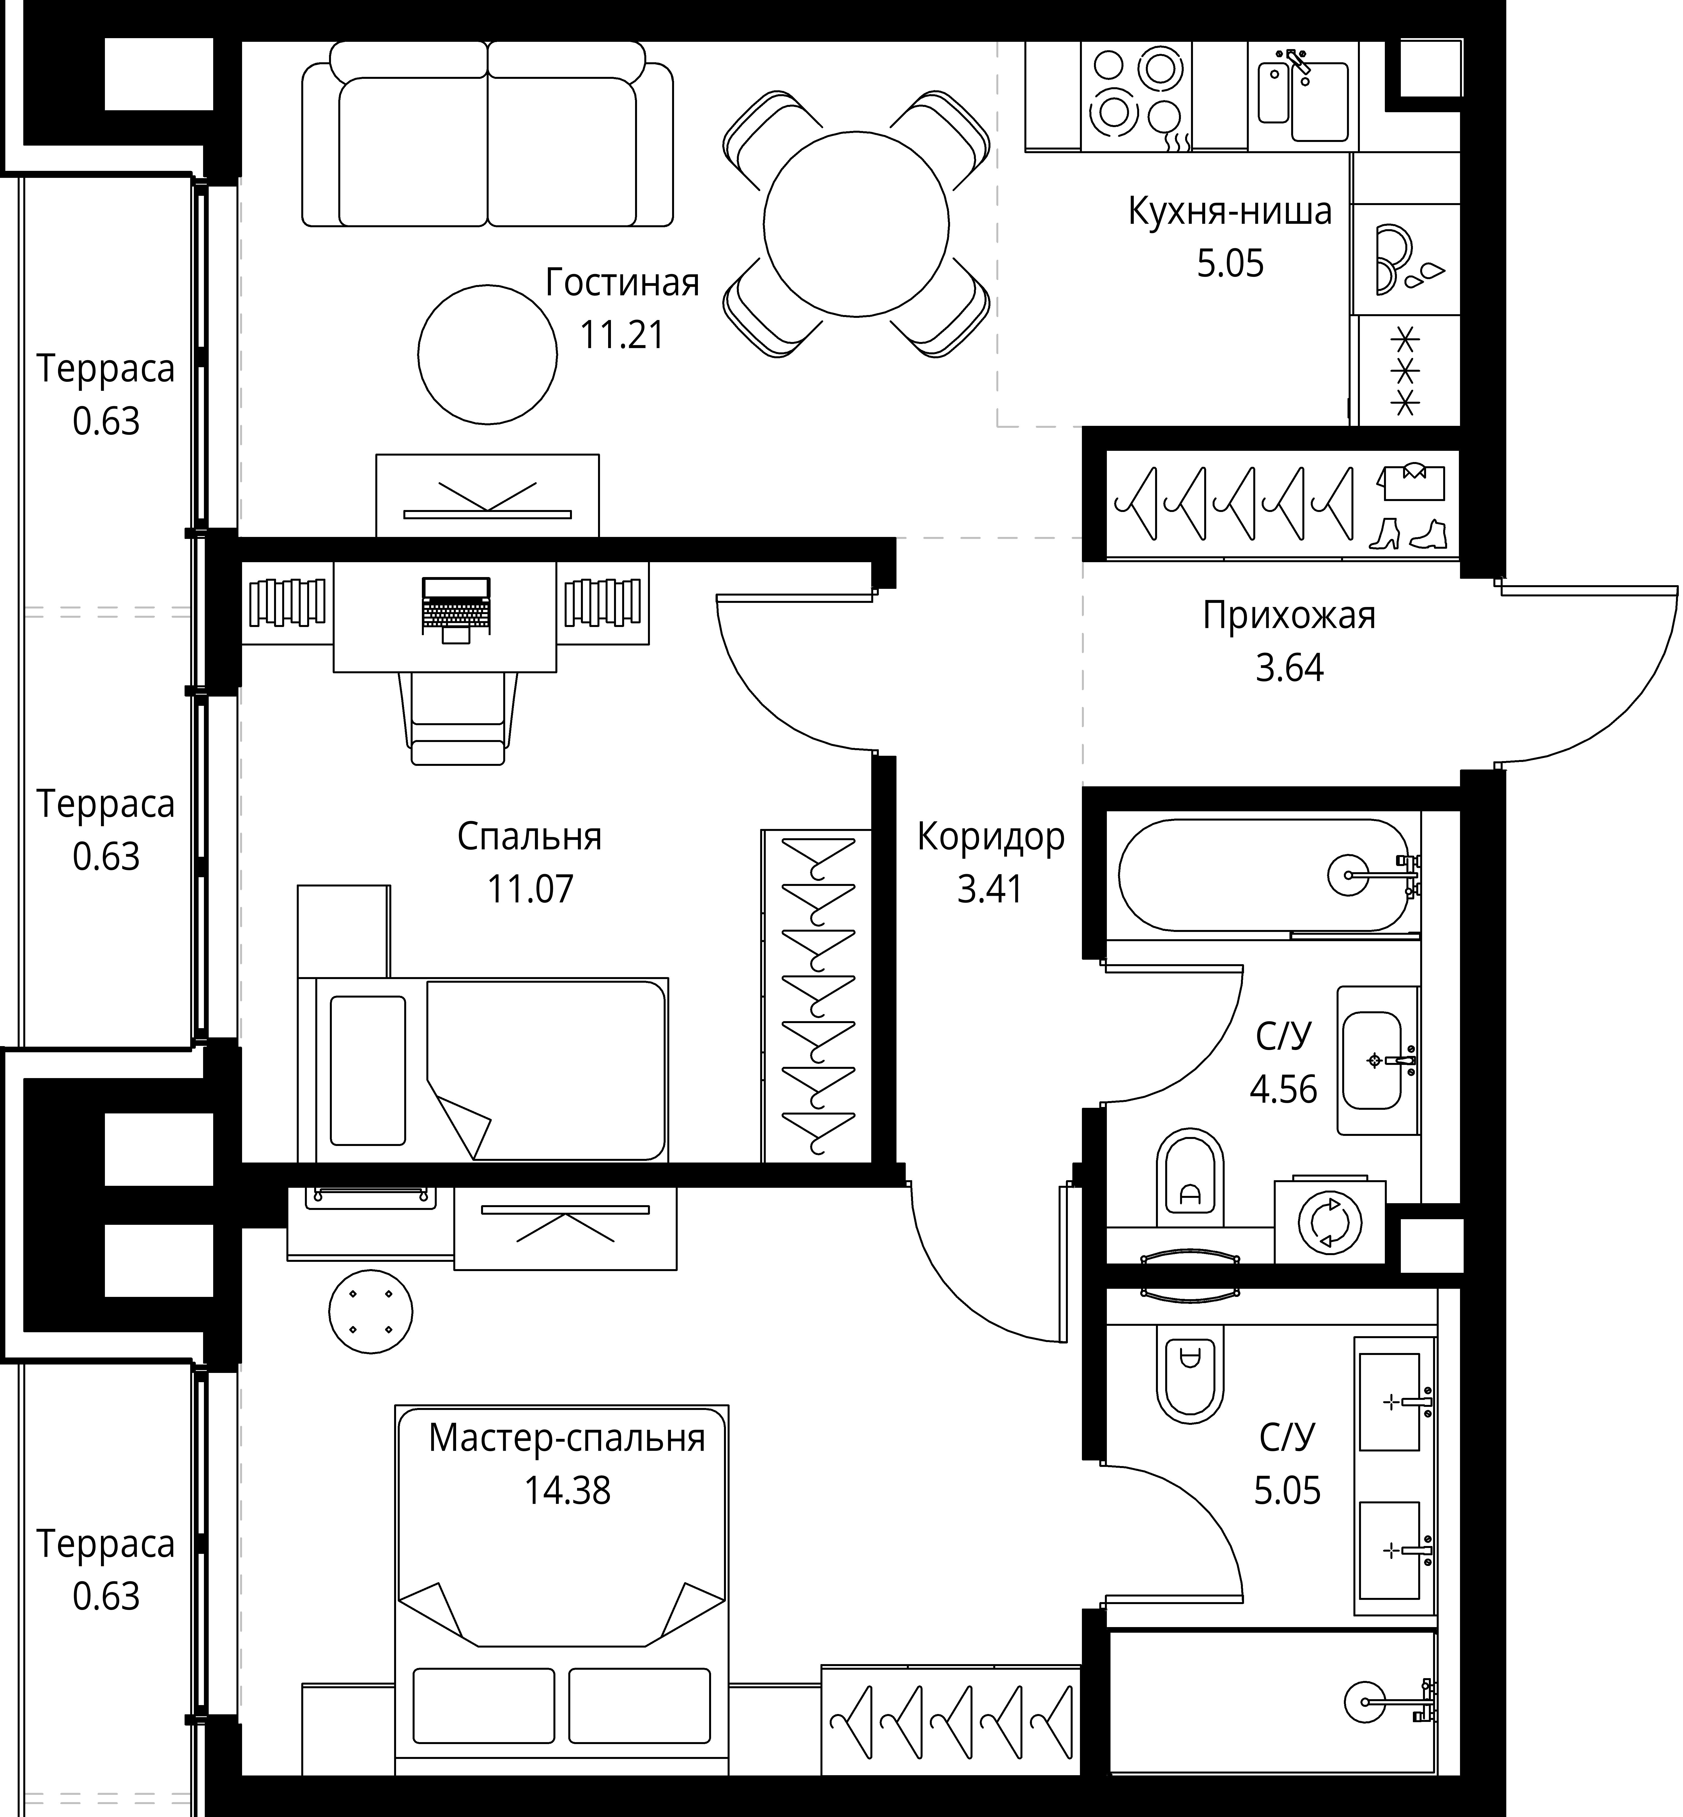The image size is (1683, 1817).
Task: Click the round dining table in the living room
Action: click(856, 224)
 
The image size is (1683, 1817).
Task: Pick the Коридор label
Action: click(991, 836)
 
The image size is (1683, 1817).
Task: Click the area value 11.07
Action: click(530, 889)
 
